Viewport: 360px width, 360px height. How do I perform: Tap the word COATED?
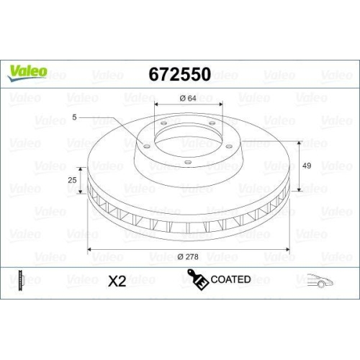[x=230, y=279]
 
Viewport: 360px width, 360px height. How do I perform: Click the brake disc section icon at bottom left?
[x=22, y=280]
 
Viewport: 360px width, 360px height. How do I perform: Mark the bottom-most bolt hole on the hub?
[x=187, y=162]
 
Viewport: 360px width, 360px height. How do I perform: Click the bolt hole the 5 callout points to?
[x=146, y=146]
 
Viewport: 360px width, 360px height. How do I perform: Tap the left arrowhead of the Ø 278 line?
[x=89, y=248]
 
